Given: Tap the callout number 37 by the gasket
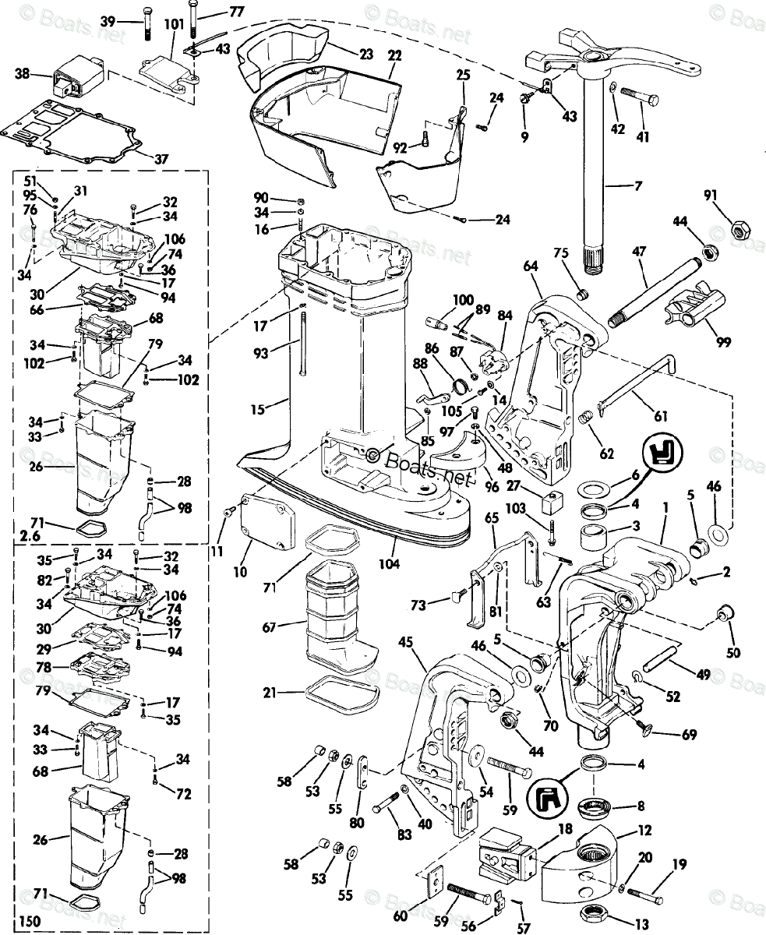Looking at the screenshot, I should point(161,159).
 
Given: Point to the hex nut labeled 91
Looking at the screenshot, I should point(737,230).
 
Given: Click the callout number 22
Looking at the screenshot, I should point(395,55).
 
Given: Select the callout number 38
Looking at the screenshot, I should point(23,75).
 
